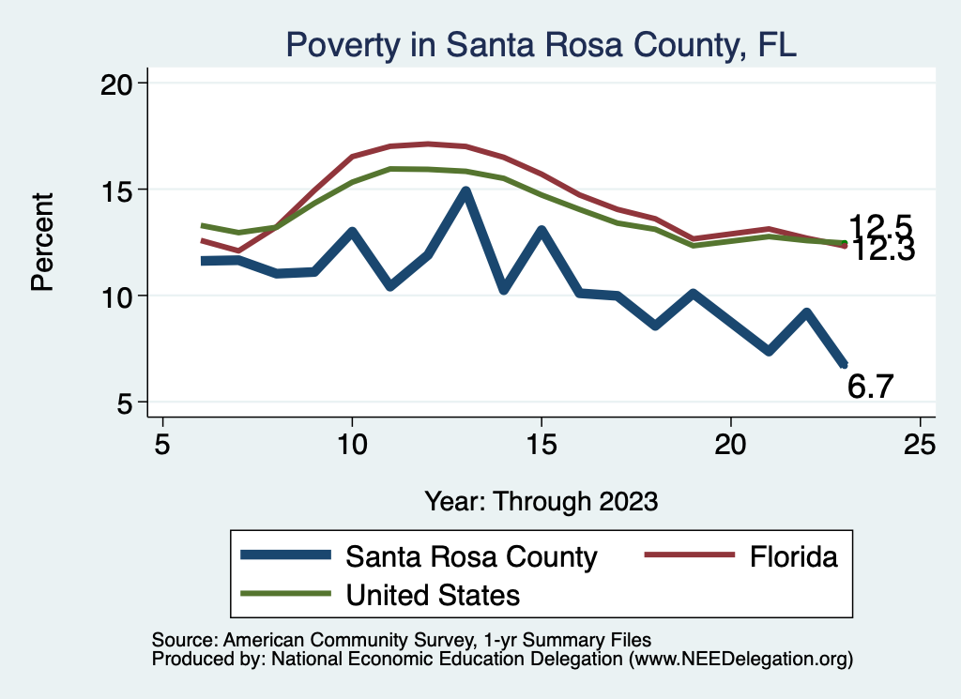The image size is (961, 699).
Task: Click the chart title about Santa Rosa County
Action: point(541,44)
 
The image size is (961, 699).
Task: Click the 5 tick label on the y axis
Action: point(128,403)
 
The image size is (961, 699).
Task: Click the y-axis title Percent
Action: point(42,242)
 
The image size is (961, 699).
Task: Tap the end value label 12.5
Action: point(880,226)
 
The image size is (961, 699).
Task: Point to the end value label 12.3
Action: point(880,251)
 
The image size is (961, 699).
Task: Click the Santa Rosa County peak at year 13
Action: point(465,192)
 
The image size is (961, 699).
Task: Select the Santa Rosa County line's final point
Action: point(845,365)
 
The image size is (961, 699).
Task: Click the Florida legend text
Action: point(793,556)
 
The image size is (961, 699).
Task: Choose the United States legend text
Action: point(433,594)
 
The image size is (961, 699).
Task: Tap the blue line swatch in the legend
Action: point(286,556)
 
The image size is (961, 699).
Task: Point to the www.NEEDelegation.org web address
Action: point(740,659)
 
